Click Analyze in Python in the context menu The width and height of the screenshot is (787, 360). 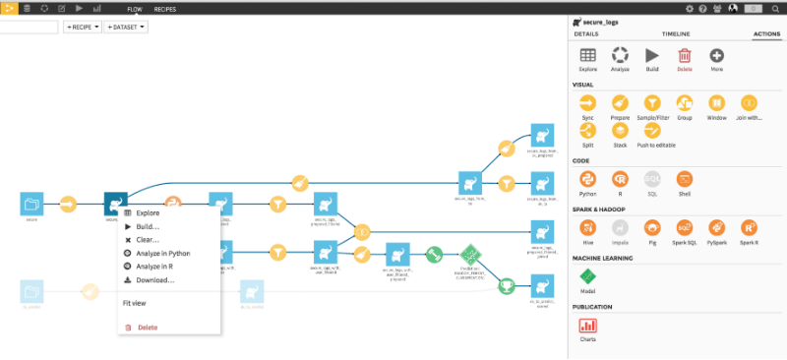(163, 253)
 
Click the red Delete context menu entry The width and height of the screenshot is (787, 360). (147, 328)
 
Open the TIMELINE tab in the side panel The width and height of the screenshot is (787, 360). (675, 33)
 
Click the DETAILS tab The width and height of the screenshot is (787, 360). (586, 33)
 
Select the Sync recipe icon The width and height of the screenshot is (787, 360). (587, 103)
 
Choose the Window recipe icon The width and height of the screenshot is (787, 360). (716, 103)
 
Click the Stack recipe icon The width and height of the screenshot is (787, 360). (620, 130)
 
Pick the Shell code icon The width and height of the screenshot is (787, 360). (685, 178)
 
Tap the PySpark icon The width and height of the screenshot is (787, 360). (716, 227)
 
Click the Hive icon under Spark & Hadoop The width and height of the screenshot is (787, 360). (587, 227)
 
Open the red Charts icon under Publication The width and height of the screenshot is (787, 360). (587, 325)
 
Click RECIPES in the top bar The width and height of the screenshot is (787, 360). (165, 8)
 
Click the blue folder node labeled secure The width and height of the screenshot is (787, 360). (32, 204)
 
